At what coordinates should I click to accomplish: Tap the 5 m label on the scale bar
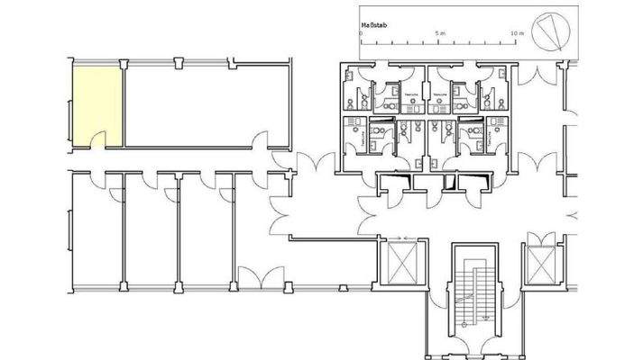point(439,32)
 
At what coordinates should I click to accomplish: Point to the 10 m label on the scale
point(517,32)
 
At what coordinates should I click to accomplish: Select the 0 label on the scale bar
point(361,32)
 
